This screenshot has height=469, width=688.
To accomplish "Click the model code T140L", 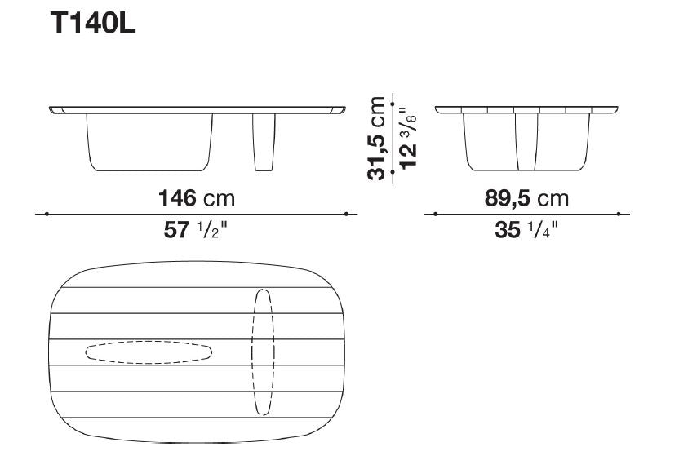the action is pos(93,23).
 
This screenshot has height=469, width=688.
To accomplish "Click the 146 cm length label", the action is pos(197,198).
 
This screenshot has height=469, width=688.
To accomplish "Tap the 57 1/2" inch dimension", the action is pos(196,230).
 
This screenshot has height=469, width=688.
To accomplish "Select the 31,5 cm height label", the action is pos(376,138).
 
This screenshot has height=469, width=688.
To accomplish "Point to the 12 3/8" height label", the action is pos(408,139).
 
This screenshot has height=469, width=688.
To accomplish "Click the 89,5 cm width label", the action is pos(526,198).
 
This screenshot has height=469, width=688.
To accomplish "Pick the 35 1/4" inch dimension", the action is pos(526,230).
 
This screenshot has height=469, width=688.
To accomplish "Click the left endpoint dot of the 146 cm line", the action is pos(47,214).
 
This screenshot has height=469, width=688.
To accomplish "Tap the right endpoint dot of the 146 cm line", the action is pos(347,214).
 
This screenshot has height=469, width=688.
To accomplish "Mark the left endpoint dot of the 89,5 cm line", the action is pos(435,214).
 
